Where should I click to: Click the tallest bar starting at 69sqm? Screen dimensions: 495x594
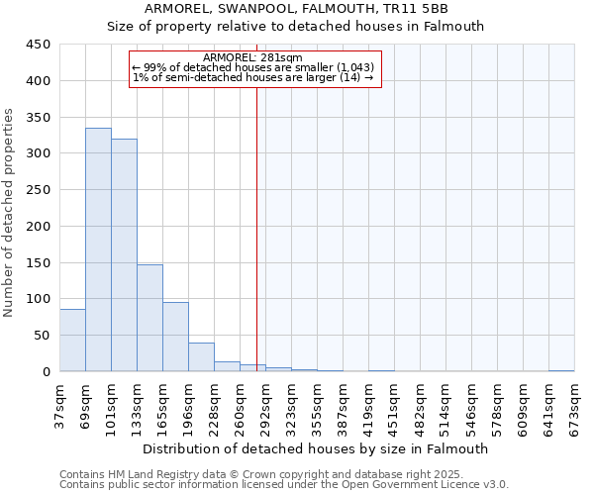98,249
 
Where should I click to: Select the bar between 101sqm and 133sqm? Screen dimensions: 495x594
124,255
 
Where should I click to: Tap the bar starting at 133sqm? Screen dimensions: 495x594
149,318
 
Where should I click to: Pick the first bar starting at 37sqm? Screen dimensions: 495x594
72,341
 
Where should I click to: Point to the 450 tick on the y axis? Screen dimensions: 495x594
39,45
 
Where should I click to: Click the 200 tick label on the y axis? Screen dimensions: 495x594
39,227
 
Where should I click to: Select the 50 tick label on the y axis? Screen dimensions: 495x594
43,336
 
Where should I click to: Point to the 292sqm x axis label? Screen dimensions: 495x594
266,407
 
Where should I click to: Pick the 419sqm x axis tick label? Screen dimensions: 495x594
369,407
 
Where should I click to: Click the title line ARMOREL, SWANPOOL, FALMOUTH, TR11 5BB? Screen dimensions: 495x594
296,9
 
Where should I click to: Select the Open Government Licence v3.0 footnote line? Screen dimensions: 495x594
284,485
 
